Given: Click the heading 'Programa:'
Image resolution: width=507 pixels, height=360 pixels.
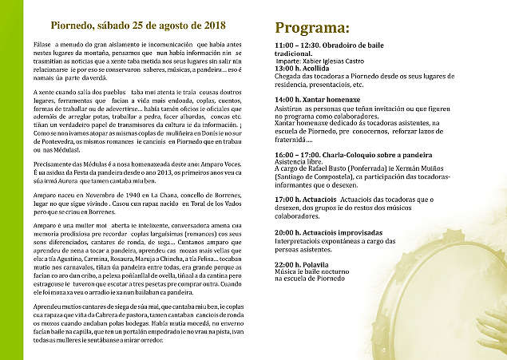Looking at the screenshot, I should click(314, 26).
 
